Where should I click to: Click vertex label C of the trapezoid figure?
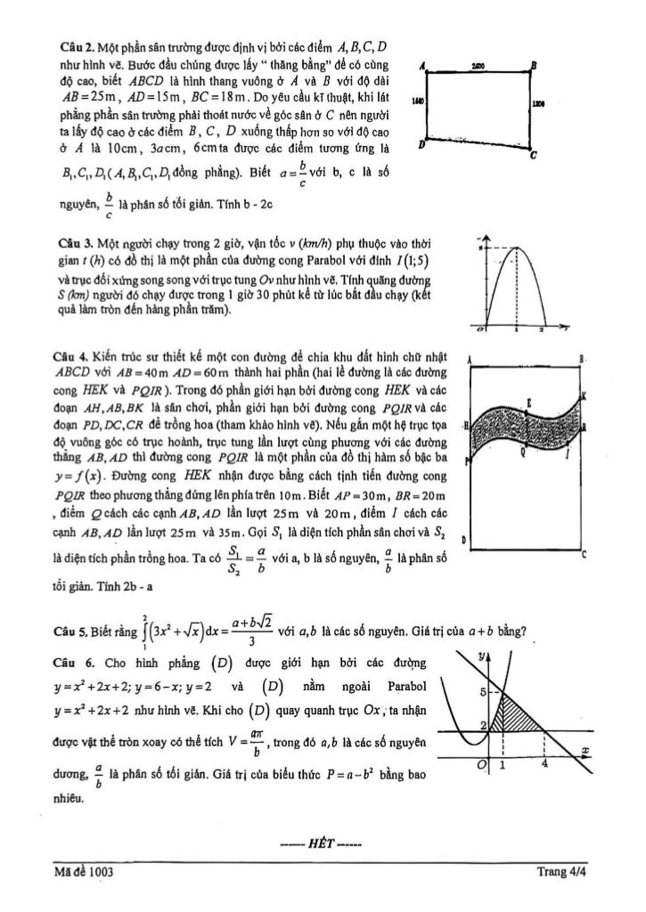tap(532, 157)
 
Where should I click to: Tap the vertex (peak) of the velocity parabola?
tap(515, 247)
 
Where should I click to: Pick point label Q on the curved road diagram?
tap(523, 453)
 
